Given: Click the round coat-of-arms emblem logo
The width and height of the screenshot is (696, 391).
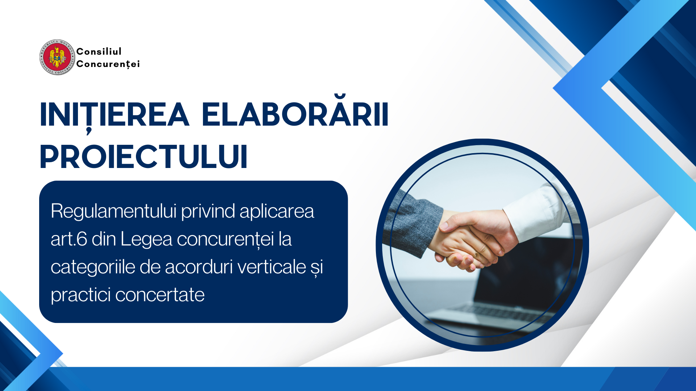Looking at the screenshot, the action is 57,57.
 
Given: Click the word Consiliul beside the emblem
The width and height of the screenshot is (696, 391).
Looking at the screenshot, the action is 99,51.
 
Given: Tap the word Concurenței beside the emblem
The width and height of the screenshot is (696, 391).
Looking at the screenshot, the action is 108,64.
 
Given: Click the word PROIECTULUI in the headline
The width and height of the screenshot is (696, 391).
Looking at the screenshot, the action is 144,157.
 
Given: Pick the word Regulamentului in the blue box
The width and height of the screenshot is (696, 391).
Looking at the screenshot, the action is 113,211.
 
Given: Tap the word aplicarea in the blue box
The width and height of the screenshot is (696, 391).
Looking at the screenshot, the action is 277,212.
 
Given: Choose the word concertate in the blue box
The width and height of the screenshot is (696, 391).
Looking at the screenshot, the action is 160,295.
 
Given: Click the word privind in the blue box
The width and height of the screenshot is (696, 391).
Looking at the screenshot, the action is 208,211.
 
